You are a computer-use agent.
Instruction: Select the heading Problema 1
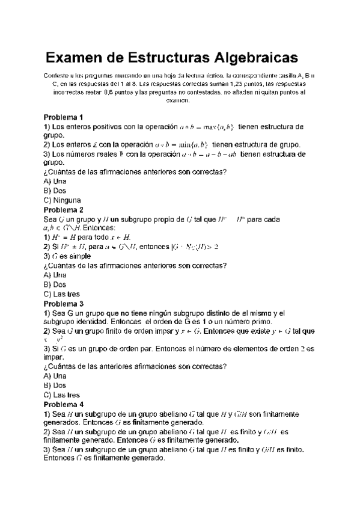coord(63,117)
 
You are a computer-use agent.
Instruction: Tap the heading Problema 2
coord(63,210)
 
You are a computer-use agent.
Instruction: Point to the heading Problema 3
coord(63,304)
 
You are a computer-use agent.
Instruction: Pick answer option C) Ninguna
coord(63,200)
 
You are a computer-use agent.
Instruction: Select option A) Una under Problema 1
coord(55,181)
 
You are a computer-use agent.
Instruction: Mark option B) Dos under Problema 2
coord(55,284)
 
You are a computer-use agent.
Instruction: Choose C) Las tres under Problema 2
coord(62,294)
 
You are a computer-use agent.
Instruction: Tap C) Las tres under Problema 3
coord(62,395)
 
